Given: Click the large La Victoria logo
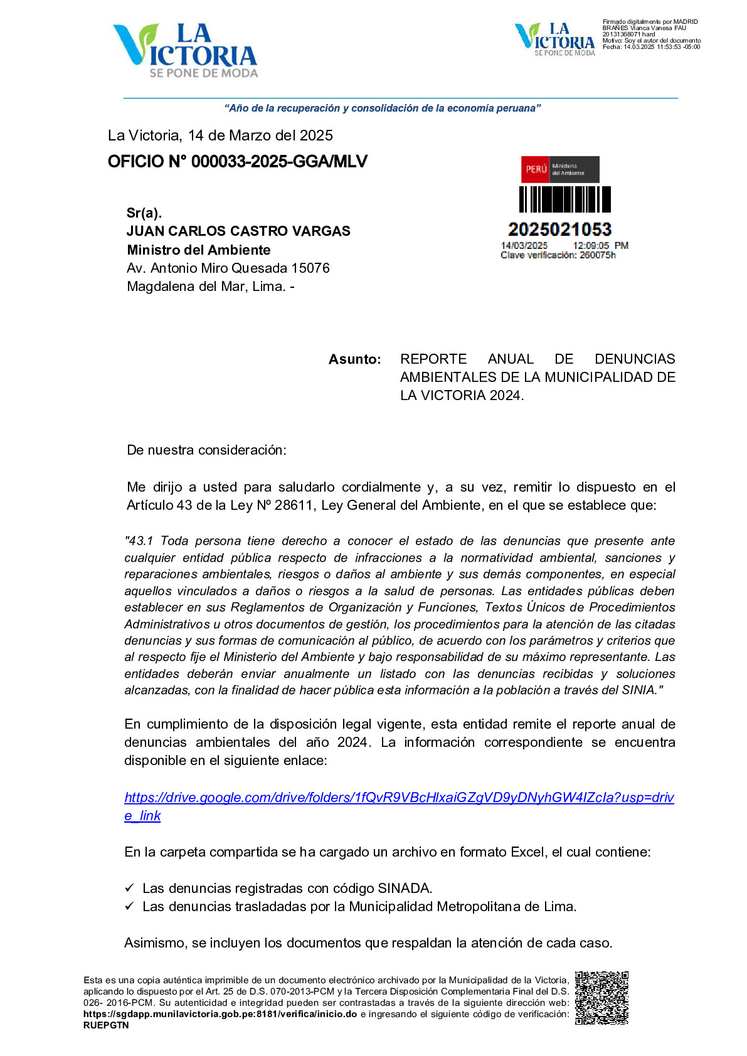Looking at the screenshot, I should (x=185, y=50).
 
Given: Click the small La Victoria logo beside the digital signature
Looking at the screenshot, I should (x=554, y=39).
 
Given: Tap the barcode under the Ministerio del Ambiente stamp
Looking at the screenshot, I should (x=564, y=199).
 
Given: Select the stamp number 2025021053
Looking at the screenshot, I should (x=559, y=230).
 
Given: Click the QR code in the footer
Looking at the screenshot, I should (x=601, y=998).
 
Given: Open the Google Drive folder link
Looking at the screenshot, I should (x=399, y=798).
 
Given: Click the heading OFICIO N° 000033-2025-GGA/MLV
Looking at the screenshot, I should (x=238, y=162).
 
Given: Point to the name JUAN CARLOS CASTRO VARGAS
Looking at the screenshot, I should (x=238, y=231).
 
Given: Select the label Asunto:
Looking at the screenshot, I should (x=354, y=359).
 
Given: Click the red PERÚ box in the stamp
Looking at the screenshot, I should (x=536, y=169).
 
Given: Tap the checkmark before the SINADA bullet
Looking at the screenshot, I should (x=129, y=888).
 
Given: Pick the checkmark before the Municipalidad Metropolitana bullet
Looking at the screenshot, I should (x=129, y=906).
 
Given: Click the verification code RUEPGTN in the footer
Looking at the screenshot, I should (x=106, y=1025).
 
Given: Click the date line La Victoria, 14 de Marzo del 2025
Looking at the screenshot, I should (x=220, y=135).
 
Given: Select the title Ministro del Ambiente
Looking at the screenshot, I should (x=198, y=250).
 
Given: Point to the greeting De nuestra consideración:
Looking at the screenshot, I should (x=206, y=450).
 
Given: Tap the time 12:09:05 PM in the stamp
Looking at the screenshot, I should (x=600, y=246).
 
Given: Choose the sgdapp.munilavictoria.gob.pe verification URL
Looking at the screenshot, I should (x=220, y=1014).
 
